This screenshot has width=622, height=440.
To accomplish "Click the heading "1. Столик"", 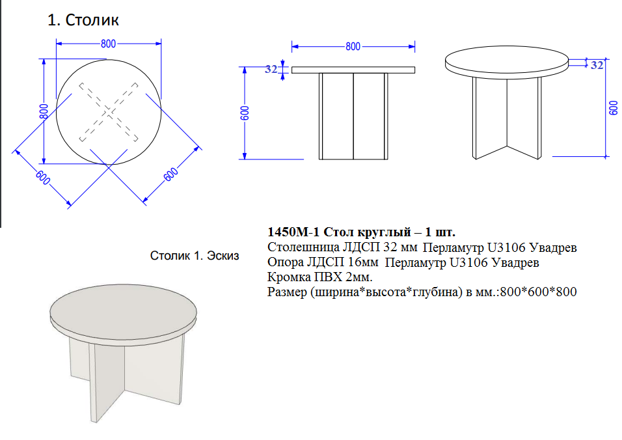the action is click(x=83, y=20).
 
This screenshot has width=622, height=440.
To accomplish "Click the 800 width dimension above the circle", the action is click(x=108, y=44).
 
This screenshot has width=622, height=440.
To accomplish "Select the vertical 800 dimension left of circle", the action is click(x=44, y=111).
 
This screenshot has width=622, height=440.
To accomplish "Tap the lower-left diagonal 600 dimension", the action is click(x=43, y=177).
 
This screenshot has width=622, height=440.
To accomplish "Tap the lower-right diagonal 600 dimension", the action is click(x=171, y=174).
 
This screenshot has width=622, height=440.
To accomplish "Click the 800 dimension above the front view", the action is click(x=353, y=47).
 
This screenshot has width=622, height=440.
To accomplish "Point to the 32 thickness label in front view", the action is click(x=271, y=69).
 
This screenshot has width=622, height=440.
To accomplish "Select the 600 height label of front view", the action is click(x=245, y=113).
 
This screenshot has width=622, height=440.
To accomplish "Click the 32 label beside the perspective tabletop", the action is click(x=597, y=65).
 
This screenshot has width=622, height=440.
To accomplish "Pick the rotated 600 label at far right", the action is click(x=614, y=108).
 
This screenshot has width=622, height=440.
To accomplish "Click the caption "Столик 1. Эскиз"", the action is click(x=195, y=256).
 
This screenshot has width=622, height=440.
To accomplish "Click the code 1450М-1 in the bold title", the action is click(x=293, y=232).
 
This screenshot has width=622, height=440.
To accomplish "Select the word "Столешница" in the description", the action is click(x=303, y=247).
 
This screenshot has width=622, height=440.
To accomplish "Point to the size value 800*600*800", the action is click(x=538, y=292).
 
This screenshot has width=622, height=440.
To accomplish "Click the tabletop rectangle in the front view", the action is click(x=353, y=70).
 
